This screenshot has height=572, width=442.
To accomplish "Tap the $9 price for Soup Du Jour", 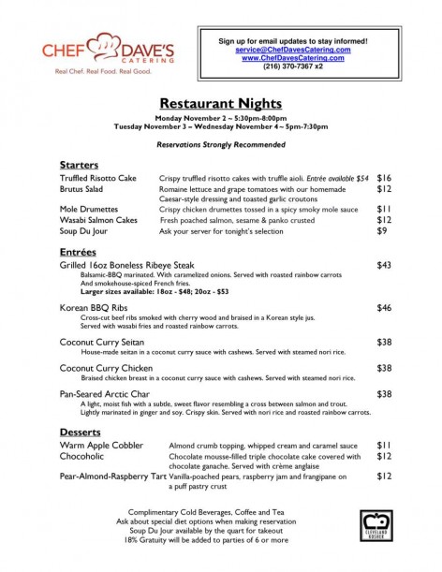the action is pyautogui.click(x=381, y=230).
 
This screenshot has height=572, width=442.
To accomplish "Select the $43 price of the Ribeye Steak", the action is pyautogui.click(x=383, y=267).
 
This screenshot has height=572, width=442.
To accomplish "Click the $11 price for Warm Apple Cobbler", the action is pyautogui.click(x=383, y=445).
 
